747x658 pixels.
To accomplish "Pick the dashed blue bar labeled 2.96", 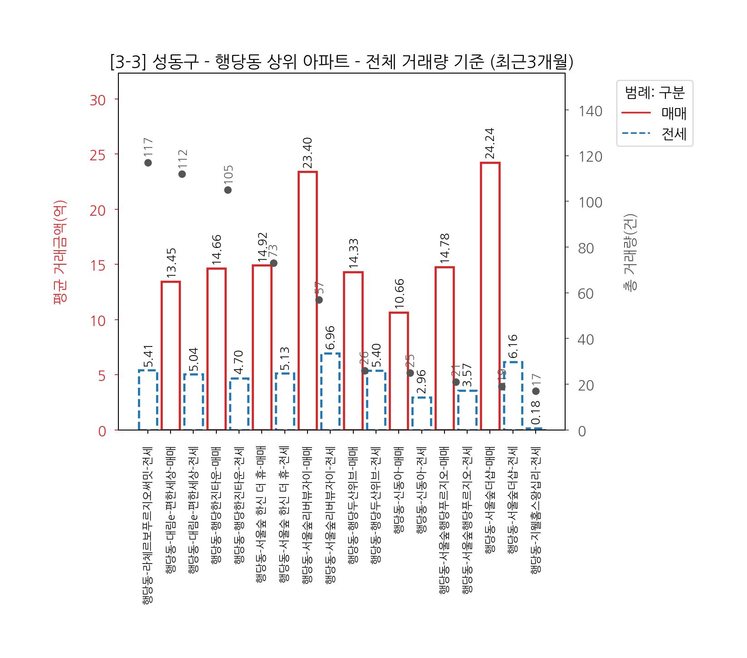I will click(x=422, y=413).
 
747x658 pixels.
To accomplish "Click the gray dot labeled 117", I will click(x=148, y=163).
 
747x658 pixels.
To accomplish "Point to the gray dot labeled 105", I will click(x=228, y=190).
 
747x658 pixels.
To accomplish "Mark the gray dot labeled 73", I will click(x=273, y=263).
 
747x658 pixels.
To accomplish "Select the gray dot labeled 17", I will click(x=536, y=391).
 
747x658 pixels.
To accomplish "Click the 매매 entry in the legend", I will click(x=674, y=113).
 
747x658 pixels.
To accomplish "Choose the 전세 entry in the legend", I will click(x=674, y=134).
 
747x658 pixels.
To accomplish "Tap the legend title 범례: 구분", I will click(x=654, y=93).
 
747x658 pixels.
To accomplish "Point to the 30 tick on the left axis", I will click(x=98, y=100).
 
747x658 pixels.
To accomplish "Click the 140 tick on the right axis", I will click(x=590, y=111).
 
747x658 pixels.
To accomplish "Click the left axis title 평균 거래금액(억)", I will click(x=60, y=252).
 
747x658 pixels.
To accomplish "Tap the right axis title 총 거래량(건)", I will click(x=630, y=252).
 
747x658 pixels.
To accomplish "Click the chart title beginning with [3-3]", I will click(x=342, y=62).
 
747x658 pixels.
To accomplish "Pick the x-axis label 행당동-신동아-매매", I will click(x=399, y=490).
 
